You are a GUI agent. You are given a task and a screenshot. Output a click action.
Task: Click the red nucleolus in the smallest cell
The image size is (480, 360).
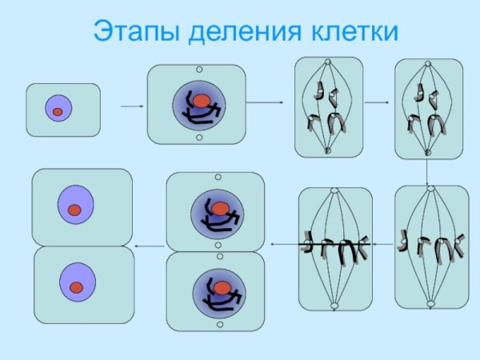[58, 112]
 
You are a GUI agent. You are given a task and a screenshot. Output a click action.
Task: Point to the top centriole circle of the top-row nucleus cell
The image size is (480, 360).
[198, 70]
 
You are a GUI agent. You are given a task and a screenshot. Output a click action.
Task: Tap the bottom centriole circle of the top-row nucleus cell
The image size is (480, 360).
[198, 138]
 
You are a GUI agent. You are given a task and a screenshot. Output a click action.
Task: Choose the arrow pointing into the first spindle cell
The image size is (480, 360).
[266, 102]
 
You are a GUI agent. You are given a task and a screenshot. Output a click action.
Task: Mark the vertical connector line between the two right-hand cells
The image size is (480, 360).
[427, 170]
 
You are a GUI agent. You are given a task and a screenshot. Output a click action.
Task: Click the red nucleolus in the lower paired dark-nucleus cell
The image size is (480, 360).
[219, 285]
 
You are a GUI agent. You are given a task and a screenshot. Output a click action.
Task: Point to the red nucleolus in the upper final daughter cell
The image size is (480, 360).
[74, 210]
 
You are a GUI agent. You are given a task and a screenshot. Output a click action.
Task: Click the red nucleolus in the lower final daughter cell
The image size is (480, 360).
[77, 286]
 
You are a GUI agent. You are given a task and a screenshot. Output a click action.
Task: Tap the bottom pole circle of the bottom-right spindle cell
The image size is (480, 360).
[430, 303]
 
